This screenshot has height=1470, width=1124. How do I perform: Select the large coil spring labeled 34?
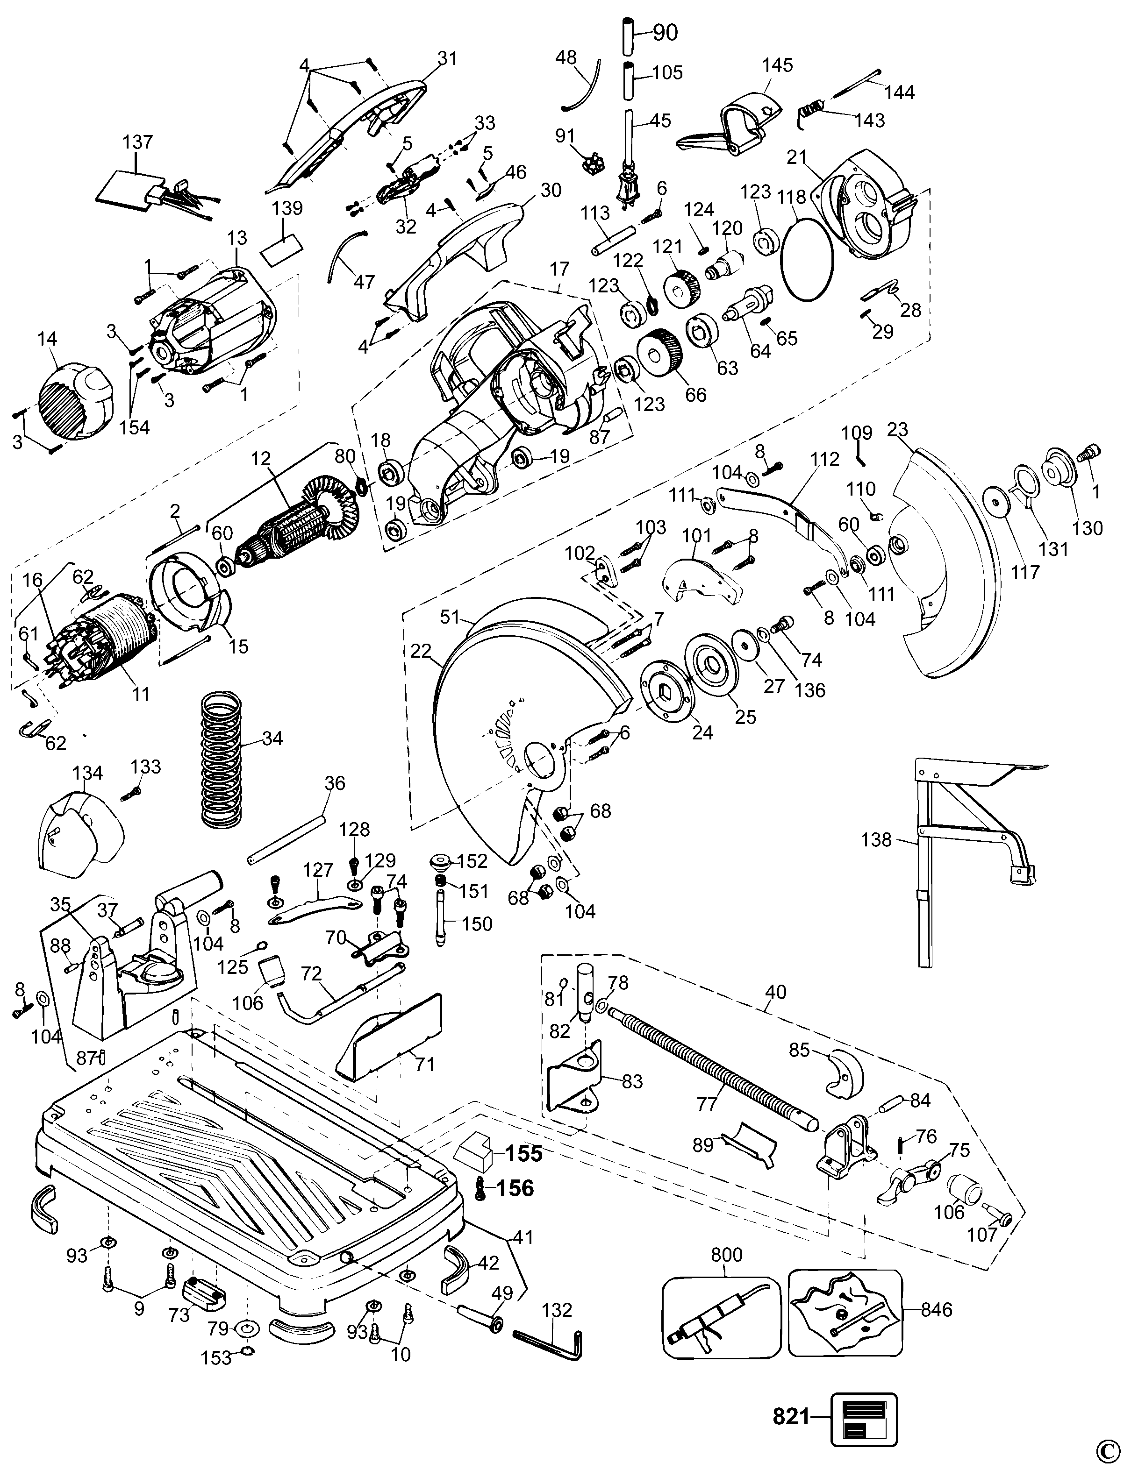point(220,756)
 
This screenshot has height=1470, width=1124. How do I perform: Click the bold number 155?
point(523,1154)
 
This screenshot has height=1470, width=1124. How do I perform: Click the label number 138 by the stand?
point(876,839)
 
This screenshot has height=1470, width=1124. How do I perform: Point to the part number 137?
point(138,142)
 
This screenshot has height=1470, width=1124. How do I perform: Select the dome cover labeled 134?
point(80,829)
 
